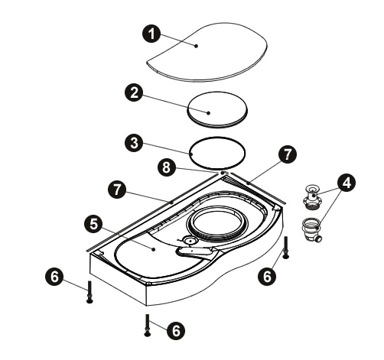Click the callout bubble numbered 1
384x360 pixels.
click(x=151, y=34)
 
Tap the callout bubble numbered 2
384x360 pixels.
click(x=134, y=92)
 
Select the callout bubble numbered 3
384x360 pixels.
click(x=134, y=143)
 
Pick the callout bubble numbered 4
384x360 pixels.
click(x=347, y=183)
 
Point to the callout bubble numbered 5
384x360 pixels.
click(x=93, y=225)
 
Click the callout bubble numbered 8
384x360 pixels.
click(x=166, y=167)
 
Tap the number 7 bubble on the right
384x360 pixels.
click(x=288, y=154)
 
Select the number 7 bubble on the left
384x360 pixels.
click(x=117, y=190)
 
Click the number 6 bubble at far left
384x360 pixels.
click(x=54, y=277)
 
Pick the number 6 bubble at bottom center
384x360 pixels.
click(x=176, y=331)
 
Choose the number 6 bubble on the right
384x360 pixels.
click(x=267, y=276)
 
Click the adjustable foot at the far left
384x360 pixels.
click(x=89, y=292)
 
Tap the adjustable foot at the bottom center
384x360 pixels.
click(x=147, y=325)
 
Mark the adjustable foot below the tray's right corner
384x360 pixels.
click(x=285, y=248)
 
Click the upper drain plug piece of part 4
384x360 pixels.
click(x=312, y=198)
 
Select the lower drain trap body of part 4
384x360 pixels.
click(x=311, y=230)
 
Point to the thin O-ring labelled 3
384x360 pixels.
click(x=191, y=154)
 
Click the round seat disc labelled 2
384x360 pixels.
click(x=218, y=109)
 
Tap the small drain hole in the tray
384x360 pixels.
click(x=190, y=240)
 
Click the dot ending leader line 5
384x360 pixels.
click(x=154, y=249)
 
